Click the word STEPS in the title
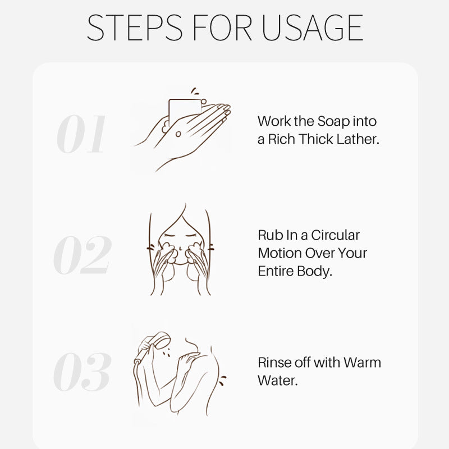[134, 28]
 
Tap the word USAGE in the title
[312, 28]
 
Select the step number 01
[81, 134]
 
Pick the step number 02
[82, 255]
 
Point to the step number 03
[82, 372]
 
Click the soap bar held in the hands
[185, 111]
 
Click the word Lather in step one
[358, 139]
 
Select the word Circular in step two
[335, 235]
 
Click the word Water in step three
[277, 381]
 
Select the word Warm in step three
[362, 363]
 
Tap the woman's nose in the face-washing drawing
[180, 247]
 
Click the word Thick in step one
[317, 139]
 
